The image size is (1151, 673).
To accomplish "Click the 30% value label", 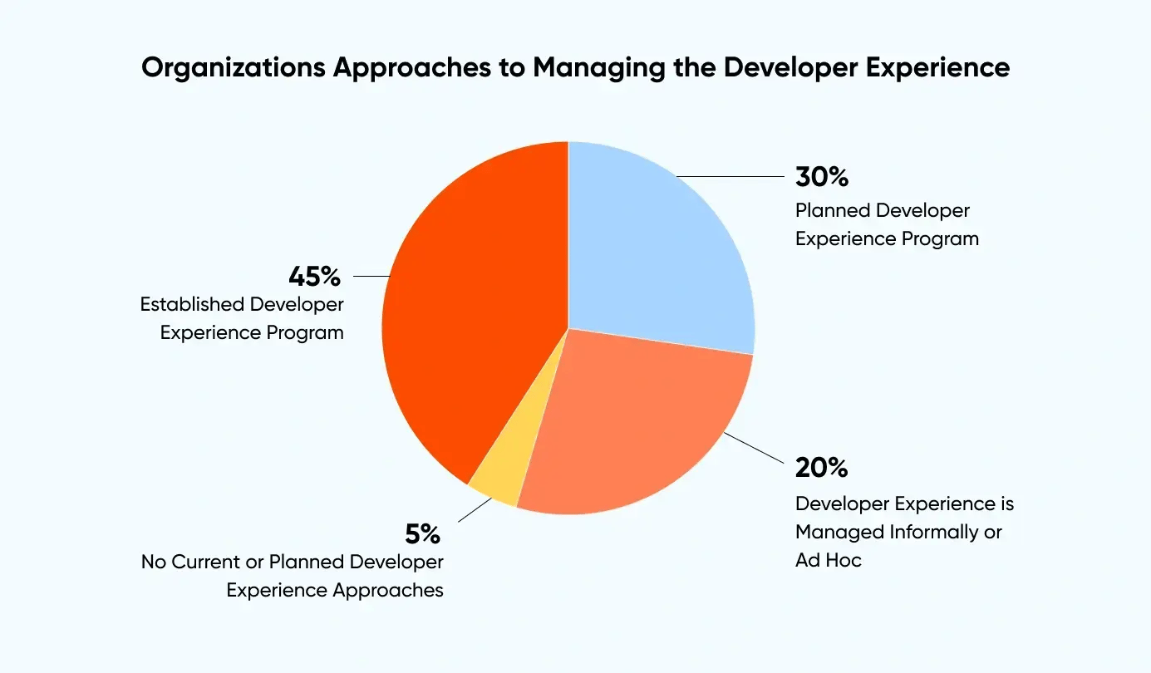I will click(821, 177).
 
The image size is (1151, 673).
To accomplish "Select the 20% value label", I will click(821, 468).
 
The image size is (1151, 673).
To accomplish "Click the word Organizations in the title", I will click(233, 68).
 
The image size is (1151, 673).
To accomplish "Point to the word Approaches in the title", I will click(416, 68).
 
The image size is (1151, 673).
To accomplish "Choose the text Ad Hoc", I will click(828, 560).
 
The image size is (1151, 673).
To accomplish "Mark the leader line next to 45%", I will click(371, 275).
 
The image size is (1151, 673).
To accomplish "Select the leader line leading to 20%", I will click(755, 449).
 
